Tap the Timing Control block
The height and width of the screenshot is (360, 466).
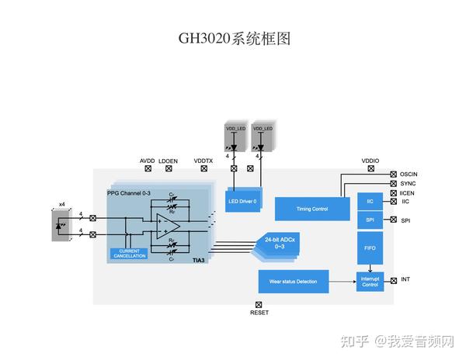pos(312,208)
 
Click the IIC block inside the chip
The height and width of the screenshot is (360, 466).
pos(370,201)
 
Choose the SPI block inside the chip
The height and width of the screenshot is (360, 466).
pos(370,220)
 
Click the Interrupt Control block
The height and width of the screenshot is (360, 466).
pos(370,282)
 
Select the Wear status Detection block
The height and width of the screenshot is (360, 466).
pos(293,281)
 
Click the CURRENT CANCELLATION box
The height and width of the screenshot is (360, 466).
pos(129,254)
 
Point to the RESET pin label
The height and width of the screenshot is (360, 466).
pos(259,313)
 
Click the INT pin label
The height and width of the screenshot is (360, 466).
pos(405,279)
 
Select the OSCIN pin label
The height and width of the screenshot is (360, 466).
pos(410,174)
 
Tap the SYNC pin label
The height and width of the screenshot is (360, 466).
pos(409,183)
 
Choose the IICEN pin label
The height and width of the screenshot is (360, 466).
pos(409,192)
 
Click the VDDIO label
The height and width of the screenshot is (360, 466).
pos(370,161)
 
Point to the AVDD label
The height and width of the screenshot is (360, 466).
pos(148,161)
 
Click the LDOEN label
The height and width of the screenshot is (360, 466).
pos(168,161)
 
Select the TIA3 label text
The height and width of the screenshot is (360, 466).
pos(199,261)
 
